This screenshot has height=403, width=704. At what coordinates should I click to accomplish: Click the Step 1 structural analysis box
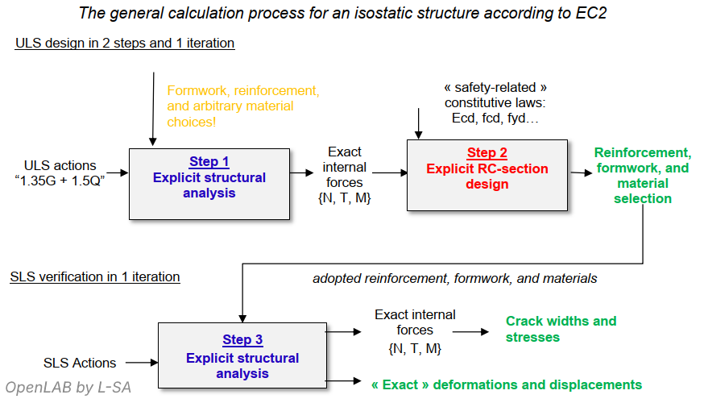pos(209,184)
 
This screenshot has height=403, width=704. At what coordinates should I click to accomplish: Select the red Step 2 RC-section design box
pos(487,177)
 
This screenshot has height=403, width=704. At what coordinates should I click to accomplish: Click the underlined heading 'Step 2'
pos(487,153)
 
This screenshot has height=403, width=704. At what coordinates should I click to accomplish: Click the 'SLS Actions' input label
pos(79,363)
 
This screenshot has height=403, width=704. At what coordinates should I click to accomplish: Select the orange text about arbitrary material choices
pos(243,106)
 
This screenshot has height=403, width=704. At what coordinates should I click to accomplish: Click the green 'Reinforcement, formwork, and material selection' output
pos(642,176)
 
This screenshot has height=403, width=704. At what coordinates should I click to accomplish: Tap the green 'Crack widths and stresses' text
pos(561,329)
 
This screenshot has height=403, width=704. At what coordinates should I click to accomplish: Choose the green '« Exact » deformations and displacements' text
pos(506,384)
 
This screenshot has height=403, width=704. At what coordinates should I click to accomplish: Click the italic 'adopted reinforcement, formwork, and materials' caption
pos(455,278)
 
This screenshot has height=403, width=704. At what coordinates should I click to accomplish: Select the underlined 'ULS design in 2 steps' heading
pos(125,44)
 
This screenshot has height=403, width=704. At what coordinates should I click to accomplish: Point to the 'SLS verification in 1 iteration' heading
pos(95,277)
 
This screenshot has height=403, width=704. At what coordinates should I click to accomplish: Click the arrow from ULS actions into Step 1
pos(117,172)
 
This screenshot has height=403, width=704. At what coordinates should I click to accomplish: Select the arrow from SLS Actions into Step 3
pos(139,363)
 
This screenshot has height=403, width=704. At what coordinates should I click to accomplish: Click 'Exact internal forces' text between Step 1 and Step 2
pos(345,175)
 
